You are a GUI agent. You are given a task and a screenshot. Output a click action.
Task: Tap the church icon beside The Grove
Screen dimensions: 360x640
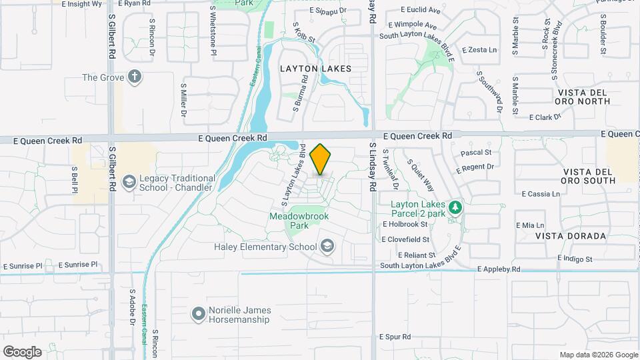pos(135,77)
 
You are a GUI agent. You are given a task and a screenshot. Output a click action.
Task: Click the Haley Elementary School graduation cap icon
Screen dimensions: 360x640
pos(327,247)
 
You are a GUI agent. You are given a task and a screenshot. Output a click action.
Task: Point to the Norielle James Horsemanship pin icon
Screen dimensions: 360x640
pos(197,313)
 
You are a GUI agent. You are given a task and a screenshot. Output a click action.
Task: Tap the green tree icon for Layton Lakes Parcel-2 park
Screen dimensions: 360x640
pos(455,207)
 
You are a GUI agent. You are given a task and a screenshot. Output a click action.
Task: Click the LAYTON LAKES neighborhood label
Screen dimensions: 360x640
pos(315,69)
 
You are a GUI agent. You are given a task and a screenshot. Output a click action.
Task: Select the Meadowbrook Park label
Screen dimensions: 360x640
pos(299,221)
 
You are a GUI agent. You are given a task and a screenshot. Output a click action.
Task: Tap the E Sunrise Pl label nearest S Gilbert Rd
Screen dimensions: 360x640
pos(78,265)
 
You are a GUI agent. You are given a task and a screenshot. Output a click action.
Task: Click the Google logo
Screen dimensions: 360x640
pos(22,352)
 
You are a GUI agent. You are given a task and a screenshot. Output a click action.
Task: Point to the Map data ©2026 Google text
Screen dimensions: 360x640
pos(598,355)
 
